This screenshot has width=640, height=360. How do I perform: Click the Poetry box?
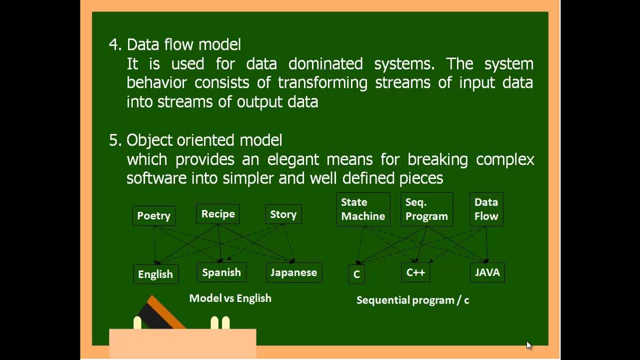(x=153, y=215)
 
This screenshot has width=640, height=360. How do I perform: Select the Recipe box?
(x=218, y=214)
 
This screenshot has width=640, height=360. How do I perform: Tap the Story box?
(x=283, y=214)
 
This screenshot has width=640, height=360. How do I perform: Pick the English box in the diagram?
(x=155, y=274)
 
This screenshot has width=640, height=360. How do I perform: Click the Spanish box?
(x=221, y=272)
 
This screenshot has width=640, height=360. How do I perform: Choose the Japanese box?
(x=293, y=272)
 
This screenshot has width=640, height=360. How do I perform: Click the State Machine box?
(x=363, y=209)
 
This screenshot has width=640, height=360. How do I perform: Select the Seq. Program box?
(x=426, y=209)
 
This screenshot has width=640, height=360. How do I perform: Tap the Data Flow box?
(x=486, y=209)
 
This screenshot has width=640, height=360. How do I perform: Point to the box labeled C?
(x=356, y=274)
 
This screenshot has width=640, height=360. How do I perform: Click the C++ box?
(x=415, y=272)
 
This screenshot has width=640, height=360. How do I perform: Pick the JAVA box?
(x=487, y=272)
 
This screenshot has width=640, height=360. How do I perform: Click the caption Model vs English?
(x=230, y=298)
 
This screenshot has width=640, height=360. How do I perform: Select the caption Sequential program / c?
(x=412, y=300)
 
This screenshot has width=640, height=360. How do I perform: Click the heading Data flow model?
(x=183, y=44)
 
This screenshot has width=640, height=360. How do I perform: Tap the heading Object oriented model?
(x=204, y=140)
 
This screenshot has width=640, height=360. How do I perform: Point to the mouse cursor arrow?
(x=528, y=344)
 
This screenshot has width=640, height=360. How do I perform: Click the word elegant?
(x=292, y=159)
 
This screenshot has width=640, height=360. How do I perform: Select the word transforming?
(x=322, y=82)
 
